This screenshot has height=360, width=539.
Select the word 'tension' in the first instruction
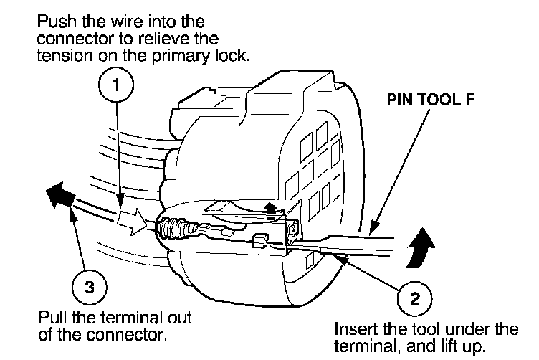click(x=62, y=55)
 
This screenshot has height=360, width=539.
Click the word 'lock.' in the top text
click(x=234, y=55)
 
